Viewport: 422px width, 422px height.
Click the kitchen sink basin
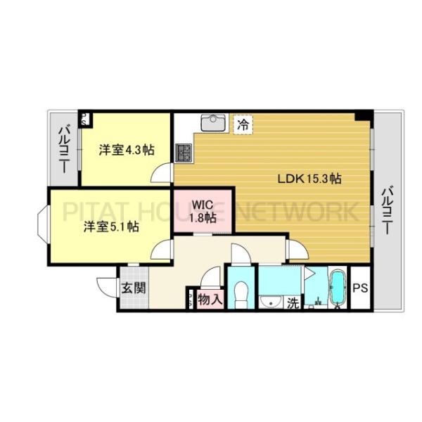(212, 124)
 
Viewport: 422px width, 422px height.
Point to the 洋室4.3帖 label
(127, 150)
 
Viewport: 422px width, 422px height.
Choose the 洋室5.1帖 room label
(111, 226)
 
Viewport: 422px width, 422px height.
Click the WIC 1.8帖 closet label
(203, 210)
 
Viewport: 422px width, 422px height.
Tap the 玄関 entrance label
(133, 288)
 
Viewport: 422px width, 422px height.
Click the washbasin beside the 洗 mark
(269, 302)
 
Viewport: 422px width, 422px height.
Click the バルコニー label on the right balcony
(388, 210)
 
